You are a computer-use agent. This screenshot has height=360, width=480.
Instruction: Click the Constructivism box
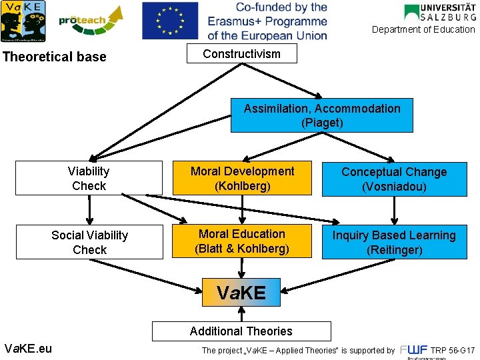click(x=241, y=54)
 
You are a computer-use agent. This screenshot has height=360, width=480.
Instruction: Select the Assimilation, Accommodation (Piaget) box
click(x=322, y=115)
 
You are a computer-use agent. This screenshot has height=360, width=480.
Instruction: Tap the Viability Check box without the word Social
click(x=89, y=178)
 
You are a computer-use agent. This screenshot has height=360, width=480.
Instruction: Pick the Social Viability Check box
click(x=89, y=242)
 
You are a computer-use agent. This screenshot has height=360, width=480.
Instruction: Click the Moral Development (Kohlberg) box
click(x=242, y=178)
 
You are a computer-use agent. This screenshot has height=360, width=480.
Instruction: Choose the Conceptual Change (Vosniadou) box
click(x=394, y=179)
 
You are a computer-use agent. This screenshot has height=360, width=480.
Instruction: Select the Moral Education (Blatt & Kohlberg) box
click(x=242, y=241)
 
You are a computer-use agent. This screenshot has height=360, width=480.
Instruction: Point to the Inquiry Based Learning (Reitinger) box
click(x=394, y=242)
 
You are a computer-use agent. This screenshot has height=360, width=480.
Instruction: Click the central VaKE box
click(x=241, y=292)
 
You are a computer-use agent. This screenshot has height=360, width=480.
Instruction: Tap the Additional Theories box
click(x=241, y=331)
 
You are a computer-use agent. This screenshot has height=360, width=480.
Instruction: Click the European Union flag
click(x=170, y=20)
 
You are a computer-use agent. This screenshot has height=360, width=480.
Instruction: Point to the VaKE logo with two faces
click(x=23, y=21)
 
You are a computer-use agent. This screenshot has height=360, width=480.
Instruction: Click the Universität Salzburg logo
click(x=439, y=12)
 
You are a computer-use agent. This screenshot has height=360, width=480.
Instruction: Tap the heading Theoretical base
click(x=55, y=57)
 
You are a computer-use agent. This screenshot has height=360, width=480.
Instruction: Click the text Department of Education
click(x=423, y=29)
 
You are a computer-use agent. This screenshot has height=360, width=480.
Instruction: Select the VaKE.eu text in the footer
click(x=28, y=348)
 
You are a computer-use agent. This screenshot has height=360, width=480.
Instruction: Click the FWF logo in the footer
click(x=413, y=351)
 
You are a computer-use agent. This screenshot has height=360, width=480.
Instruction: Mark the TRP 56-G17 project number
click(x=453, y=350)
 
